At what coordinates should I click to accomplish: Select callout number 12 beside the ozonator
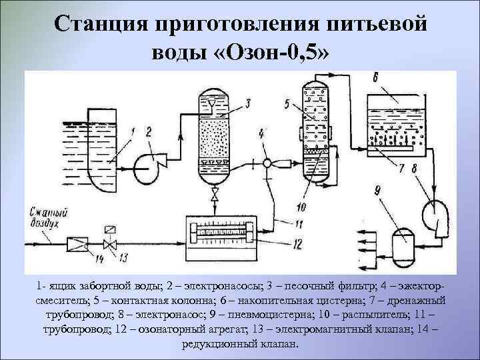(x=297, y=243)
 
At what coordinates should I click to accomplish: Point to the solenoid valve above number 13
(x=107, y=239)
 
